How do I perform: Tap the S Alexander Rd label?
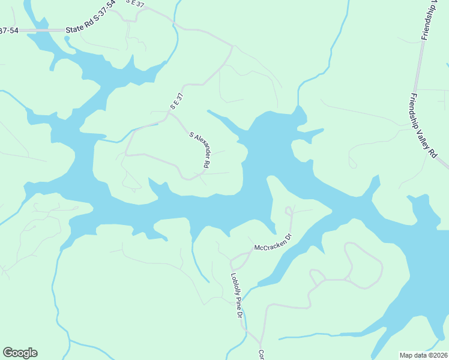point(200,150)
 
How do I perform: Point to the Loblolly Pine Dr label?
point(236,296)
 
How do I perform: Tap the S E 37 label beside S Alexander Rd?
point(175,100)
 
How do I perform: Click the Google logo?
point(20,353)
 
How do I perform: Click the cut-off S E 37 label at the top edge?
point(136,3)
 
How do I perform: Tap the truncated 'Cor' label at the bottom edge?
point(261,354)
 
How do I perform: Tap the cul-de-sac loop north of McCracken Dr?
point(289,210)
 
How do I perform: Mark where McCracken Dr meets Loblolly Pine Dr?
point(232,259)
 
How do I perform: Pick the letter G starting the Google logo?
point(8,352)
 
